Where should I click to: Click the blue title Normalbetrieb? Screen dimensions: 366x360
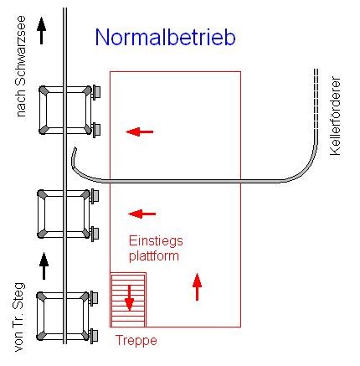[x=165, y=37]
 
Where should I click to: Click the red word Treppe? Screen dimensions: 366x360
[x=135, y=341]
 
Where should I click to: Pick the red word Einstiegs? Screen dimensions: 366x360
[x=154, y=239]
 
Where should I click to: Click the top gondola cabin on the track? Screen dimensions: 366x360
[x=66, y=109]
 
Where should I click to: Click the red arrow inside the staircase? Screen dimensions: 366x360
[x=129, y=297]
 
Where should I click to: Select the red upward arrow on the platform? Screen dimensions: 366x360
[x=198, y=286]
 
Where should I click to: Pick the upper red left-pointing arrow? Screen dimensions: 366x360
[x=140, y=131]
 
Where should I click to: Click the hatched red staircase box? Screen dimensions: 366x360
[x=128, y=299]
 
